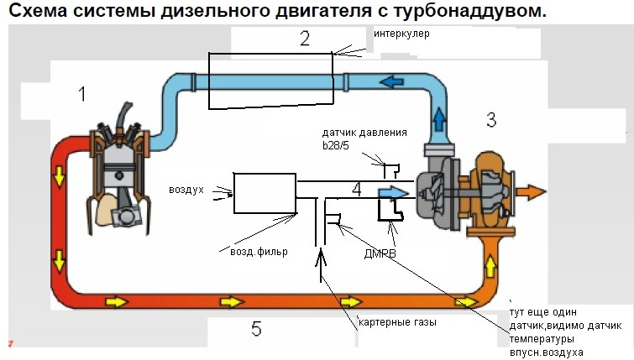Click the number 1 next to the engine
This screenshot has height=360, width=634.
tap(81, 94)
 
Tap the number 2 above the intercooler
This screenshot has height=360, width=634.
tap(304, 38)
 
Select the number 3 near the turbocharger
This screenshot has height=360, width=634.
tap(491, 120)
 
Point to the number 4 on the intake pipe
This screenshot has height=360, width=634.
tap(356, 190)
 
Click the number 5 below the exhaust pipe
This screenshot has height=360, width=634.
tap(256, 328)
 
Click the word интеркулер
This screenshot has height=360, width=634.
tap(401, 34)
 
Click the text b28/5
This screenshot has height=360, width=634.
tap(340, 145)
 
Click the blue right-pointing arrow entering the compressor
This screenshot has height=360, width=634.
tap(392, 192)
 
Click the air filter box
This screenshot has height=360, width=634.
tap(264, 193)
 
